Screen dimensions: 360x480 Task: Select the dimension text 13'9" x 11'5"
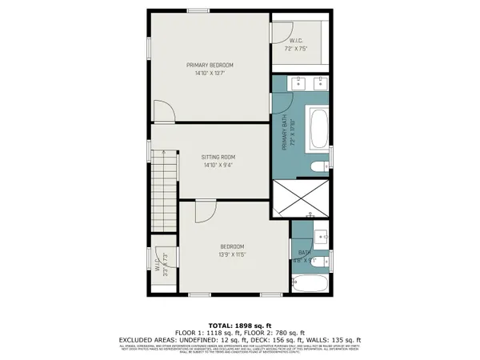[232, 254]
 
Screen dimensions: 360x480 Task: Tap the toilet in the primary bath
[318, 166]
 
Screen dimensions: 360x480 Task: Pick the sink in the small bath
[321, 236]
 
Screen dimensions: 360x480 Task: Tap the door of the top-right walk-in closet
[280, 31]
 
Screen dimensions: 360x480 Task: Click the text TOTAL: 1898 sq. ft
[240, 324]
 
